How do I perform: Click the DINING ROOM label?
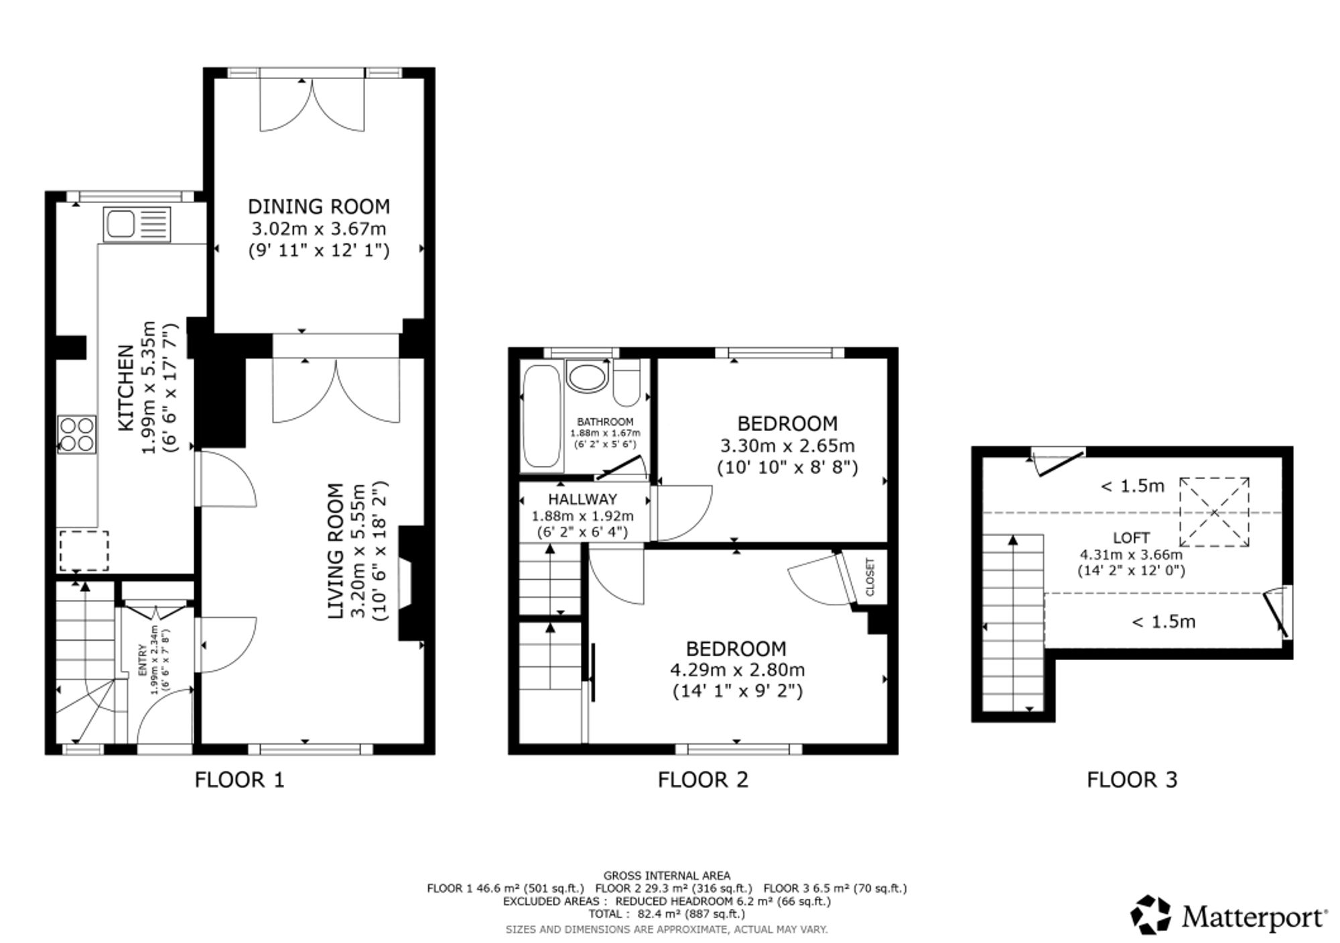pyautogui.click(x=319, y=206)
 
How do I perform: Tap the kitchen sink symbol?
pyautogui.click(x=137, y=225)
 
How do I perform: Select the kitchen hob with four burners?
pyautogui.click(x=77, y=434)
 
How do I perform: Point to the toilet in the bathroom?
pyautogui.click(x=626, y=383)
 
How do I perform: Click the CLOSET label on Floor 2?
pyautogui.click(x=870, y=577)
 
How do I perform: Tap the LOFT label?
pyautogui.click(x=1131, y=538)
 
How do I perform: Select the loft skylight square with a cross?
pyautogui.click(x=1214, y=513)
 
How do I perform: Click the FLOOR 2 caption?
pyautogui.click(x=703, y=779)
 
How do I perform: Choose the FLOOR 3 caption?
pyautogui.click(x=1132, y=779)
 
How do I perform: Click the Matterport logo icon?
pyautogui.click(x=1151, y=915)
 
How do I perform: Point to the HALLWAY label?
pyautogui.click(x=582, y=499)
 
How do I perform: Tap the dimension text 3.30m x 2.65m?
pyautogui.click(x=787, y=446)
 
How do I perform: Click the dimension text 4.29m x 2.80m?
pyautogui.click(x=737, y=670)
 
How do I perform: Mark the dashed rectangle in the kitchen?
pyautogui.click(x=84, y=551)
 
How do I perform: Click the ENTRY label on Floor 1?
pyautogui.click(x=142, y=661)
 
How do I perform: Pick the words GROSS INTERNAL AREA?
pyautogui.click(x=667, y=875)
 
